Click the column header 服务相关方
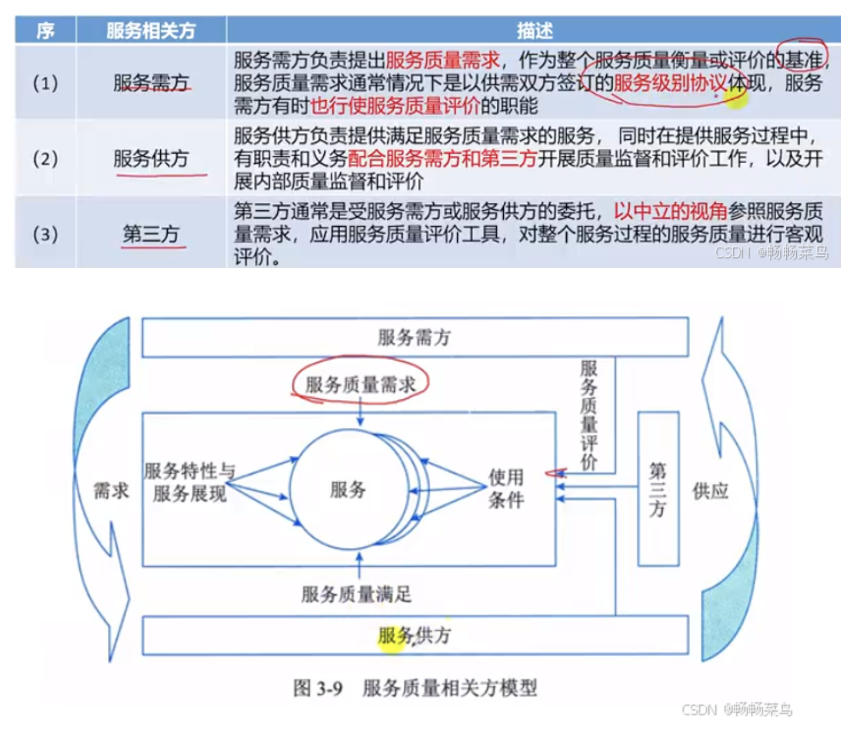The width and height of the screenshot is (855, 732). pyautogui.click(x=151, y=30)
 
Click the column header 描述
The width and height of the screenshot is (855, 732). pyautogui.click(x=534, y=30)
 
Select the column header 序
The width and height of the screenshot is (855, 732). pyautogui.click(x=45, y=30)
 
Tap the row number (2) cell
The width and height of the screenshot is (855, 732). pyautogui.click(x=45, y=158)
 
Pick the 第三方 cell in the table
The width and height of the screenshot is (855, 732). pyautogui.click(x=151, y=234)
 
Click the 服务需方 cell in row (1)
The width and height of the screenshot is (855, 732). pyautogui.click(x=151, y=83)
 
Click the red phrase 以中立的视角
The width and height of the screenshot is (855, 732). pyautogui.click(x=670, y=210)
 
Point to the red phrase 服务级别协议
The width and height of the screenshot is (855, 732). pyautogui.click(x=670, y=83)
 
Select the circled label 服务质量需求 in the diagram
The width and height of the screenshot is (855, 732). pyautogui.click(x=361, y=384)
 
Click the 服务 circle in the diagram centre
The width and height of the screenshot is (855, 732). pyautogui.click(x=348, y=490)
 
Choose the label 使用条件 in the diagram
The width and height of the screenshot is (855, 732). pyautogui.click(x=506, y=488)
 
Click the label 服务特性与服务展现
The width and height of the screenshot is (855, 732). pyautogui.click(x=189, y=482)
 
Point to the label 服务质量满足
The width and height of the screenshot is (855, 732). pyautogui.click(x=356, y=594)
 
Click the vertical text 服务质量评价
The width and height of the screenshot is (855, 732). pyautogui.click(x=589, y=414)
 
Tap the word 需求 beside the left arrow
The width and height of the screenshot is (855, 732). pyautogui.click(x=111, y=491)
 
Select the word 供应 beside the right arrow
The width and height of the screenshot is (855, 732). pyautogui.click(x=710, y=491)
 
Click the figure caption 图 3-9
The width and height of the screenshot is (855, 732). pyautogui.click(x=317, y=688)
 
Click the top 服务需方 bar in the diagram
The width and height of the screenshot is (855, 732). pyautogui.click(x=415, y=337)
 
